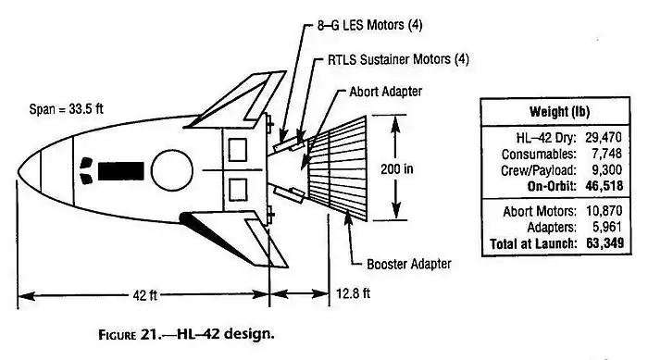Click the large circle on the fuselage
pyautogui.click(x=170, y=170)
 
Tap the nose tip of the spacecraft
pyautogui.click(x=19, y=170)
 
